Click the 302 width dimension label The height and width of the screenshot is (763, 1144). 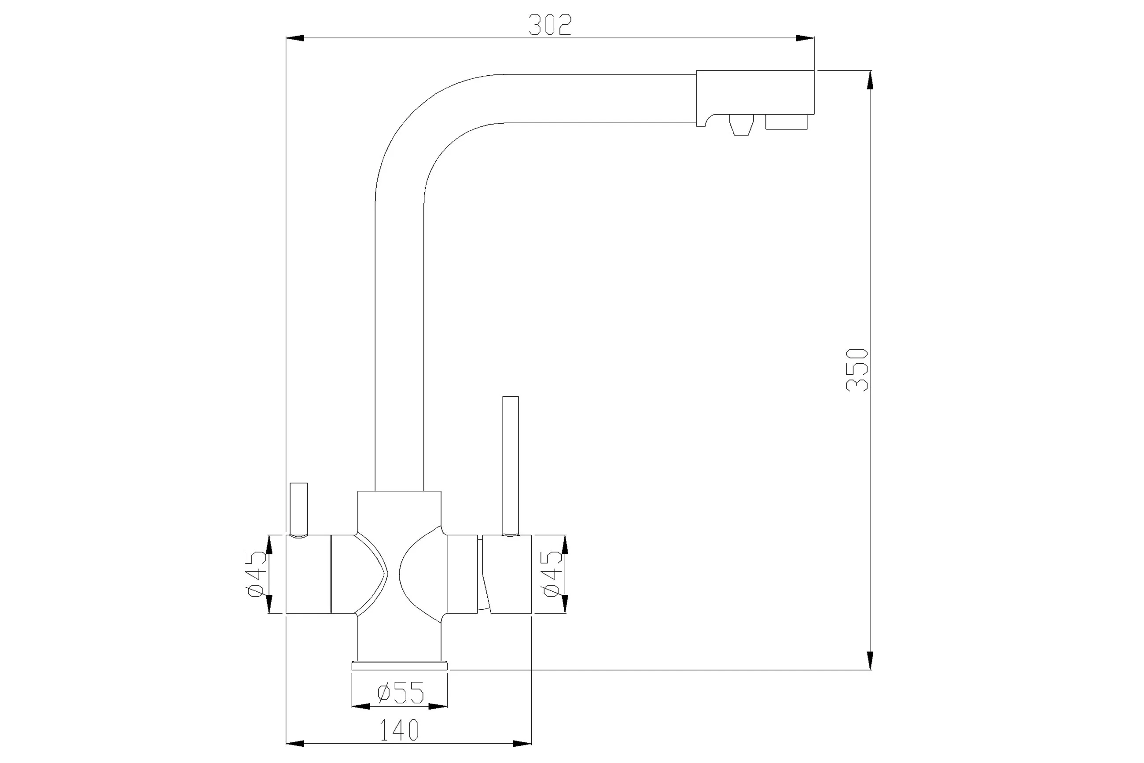550,25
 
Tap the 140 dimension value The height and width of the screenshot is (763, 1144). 399,730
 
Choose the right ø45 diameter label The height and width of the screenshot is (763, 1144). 552,574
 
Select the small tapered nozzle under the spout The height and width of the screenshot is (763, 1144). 741,124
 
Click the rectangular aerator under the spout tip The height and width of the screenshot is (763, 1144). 787,122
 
